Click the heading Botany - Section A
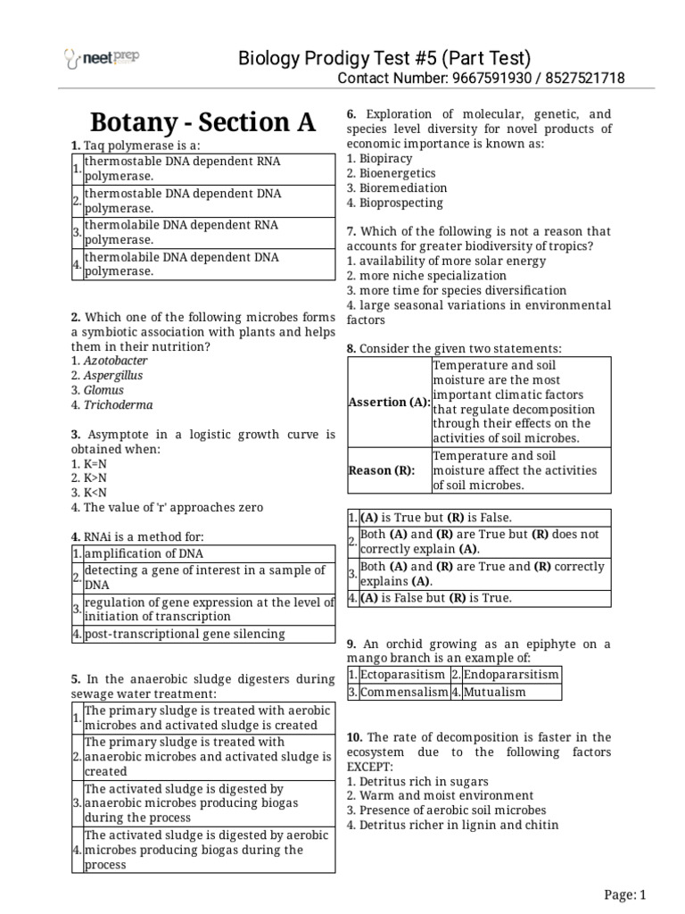click(x=203, y=122)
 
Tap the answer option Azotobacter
click(x=115, y=361)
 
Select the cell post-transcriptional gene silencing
click(x=185, y=634)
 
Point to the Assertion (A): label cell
click(x=388, y=402)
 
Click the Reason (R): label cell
click(x=382, y=470)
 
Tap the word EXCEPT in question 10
click(x=369, y=767)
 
